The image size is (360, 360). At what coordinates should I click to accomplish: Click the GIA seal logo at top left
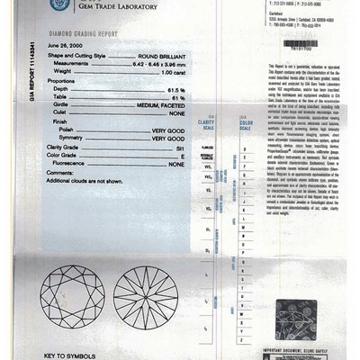click(x=58, y=4)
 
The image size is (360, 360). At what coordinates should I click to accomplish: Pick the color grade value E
click(x=183, y=154)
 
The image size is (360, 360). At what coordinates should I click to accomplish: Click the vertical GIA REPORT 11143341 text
click(x=34, y=71)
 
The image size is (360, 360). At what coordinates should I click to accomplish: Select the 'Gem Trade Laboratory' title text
click(x=117, y=6)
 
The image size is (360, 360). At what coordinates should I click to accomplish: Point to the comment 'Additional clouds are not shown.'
click(x=89, y=181)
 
